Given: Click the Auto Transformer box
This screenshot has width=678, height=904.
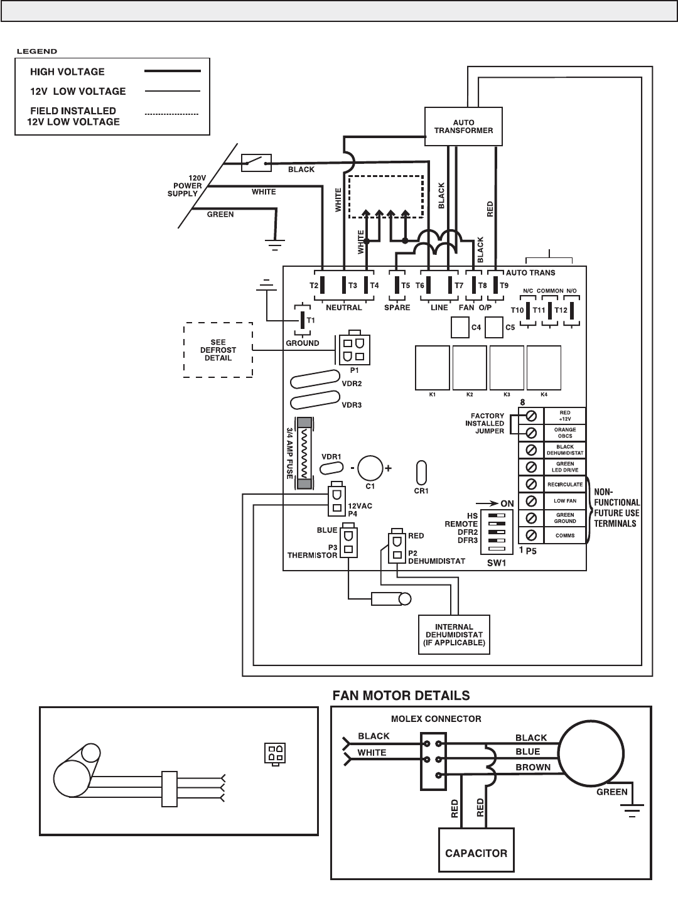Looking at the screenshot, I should [463, 127].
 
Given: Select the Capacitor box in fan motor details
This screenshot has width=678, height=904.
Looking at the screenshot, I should [476, 853].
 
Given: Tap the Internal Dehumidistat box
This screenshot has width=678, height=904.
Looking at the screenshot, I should [454, 635].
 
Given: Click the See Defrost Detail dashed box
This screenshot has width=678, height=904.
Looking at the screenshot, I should [218, 350].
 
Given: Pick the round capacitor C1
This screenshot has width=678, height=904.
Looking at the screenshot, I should [370, 468].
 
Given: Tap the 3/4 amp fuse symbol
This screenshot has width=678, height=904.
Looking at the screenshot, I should [304, 454].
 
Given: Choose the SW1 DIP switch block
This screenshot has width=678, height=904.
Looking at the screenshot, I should [497, 531].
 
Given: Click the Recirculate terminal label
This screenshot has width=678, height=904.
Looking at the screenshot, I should [564, 485].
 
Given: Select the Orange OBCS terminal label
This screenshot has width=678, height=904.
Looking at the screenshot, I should [564, 433].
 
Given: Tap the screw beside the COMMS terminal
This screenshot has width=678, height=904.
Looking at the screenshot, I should [531, 535].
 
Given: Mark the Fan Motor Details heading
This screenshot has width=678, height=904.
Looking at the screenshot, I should [401, 696].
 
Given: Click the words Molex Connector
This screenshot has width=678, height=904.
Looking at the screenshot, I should [435, 719].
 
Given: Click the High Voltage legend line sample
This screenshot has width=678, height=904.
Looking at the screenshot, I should [172, 72].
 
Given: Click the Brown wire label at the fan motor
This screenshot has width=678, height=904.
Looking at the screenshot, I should [532, 767].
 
